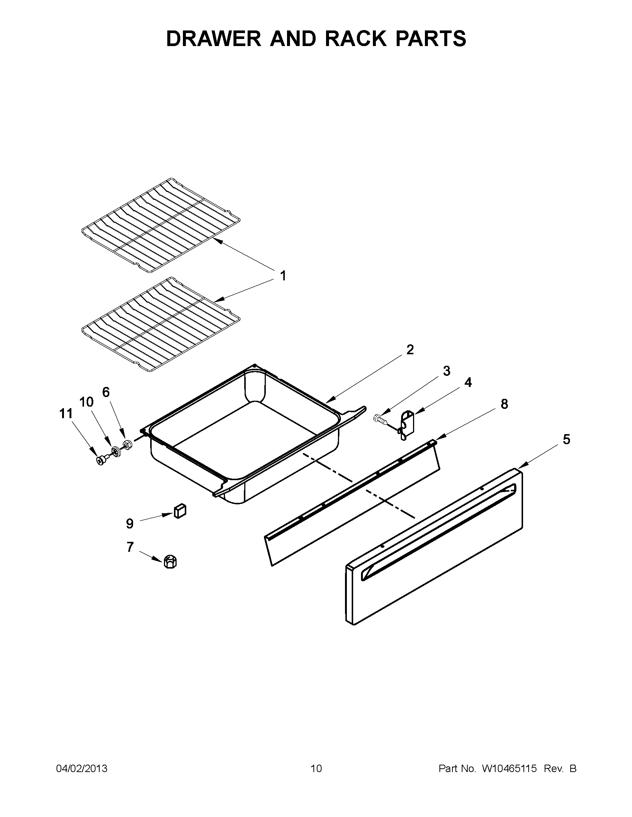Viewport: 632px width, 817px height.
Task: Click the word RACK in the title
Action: point(358,39)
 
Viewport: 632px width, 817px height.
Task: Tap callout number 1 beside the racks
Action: point(283,276)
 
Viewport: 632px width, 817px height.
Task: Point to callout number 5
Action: point(567,439)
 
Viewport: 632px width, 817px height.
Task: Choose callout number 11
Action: point(65,414)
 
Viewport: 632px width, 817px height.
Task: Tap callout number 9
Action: point(129,523)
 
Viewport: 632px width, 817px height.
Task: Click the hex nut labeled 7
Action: point(170,562)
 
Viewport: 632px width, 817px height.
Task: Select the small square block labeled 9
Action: point(180,510)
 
